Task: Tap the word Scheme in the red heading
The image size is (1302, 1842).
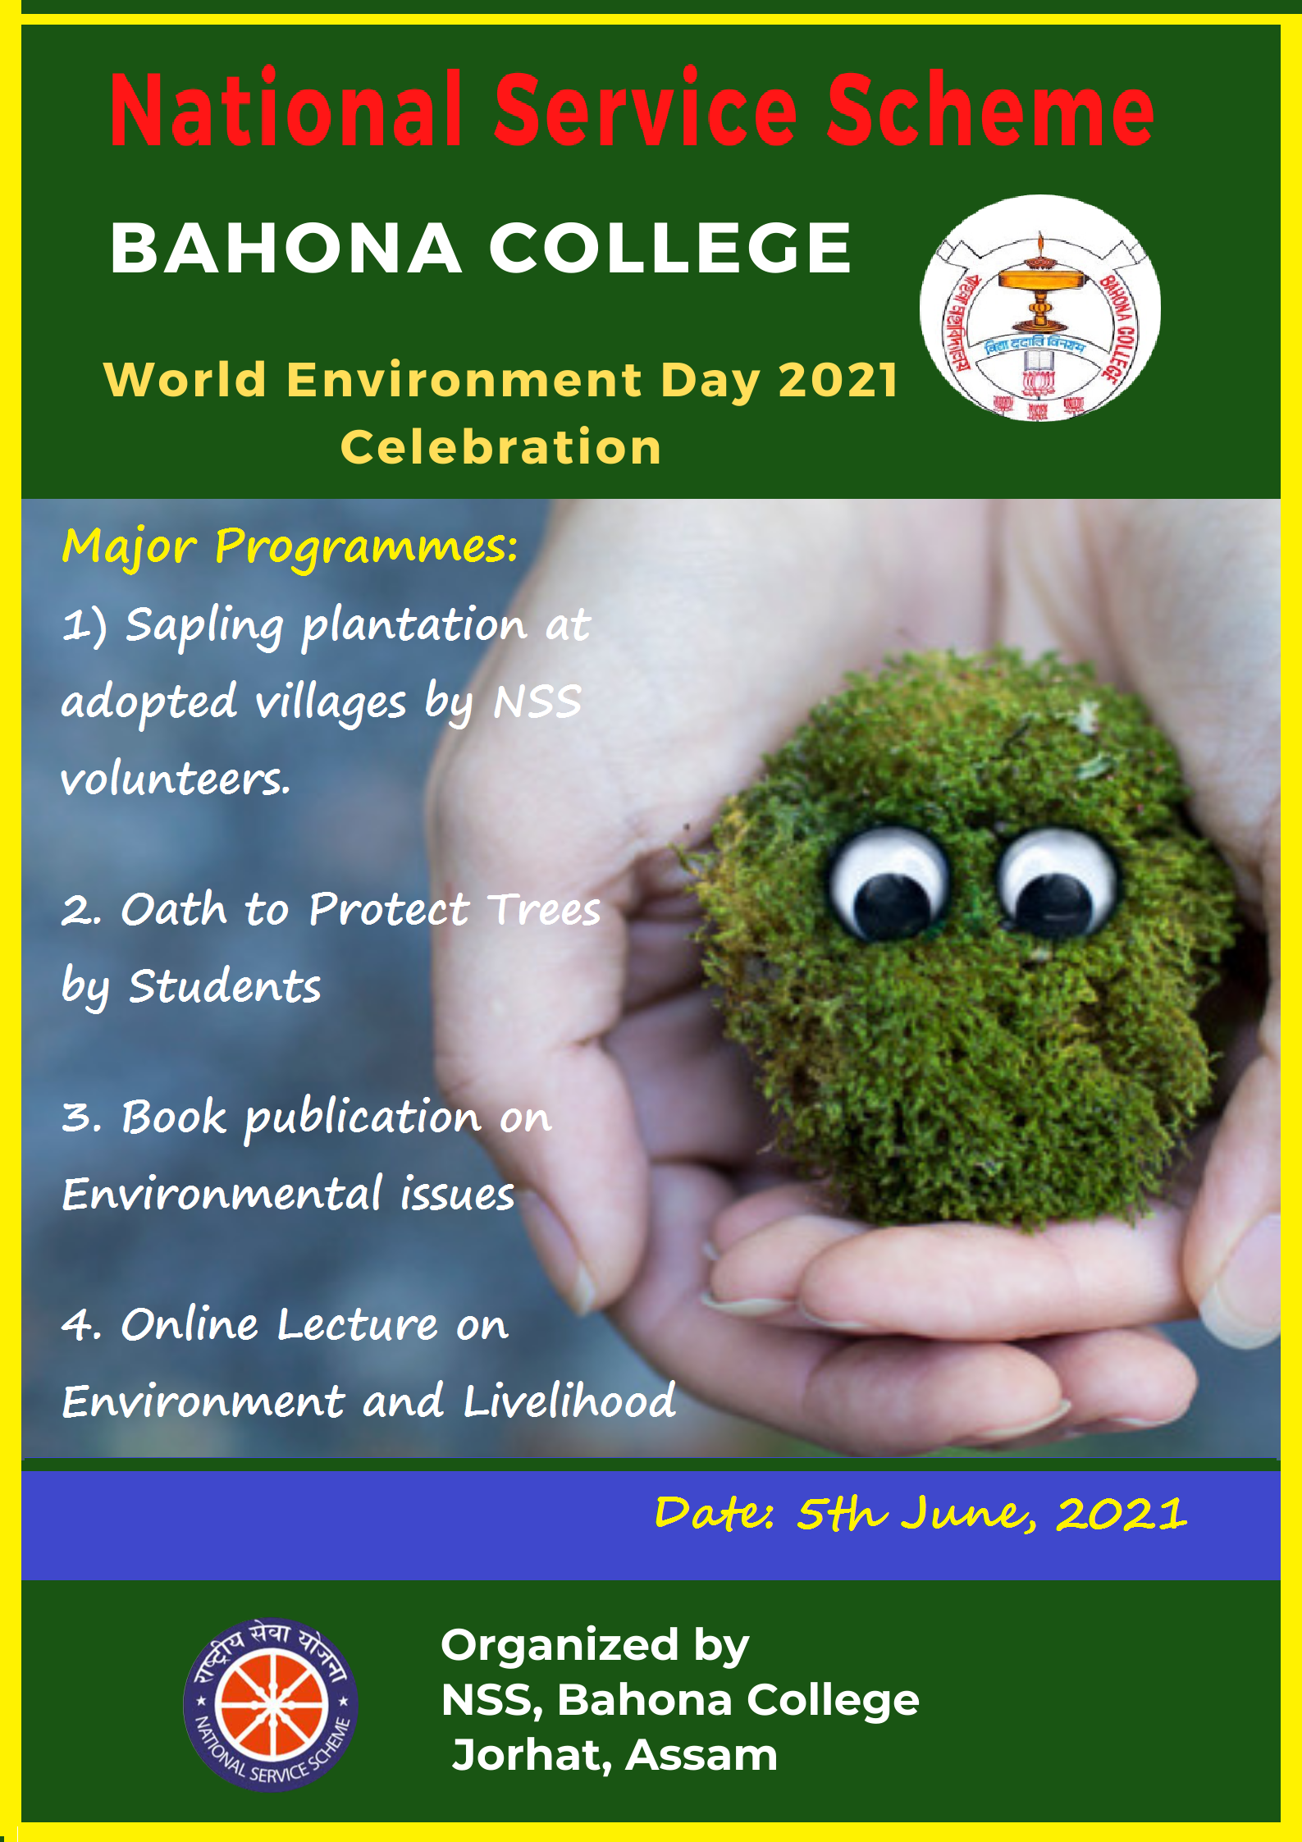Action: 990,109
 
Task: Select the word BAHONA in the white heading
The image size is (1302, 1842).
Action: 286,248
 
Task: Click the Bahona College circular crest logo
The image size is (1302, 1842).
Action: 1040,309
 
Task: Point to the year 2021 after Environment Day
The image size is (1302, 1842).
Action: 838,381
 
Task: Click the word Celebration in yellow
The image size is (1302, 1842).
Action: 501,447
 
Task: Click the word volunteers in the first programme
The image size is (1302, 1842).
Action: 176,779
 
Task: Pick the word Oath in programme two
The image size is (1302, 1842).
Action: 174,909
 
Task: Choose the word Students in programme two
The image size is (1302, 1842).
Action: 225,986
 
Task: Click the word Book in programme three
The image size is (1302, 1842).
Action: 174,1117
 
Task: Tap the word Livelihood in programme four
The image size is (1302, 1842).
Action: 569,1400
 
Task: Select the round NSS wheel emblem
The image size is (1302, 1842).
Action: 271,1705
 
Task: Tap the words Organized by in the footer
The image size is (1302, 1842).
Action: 595,1646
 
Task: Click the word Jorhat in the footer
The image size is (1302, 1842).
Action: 531,1757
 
